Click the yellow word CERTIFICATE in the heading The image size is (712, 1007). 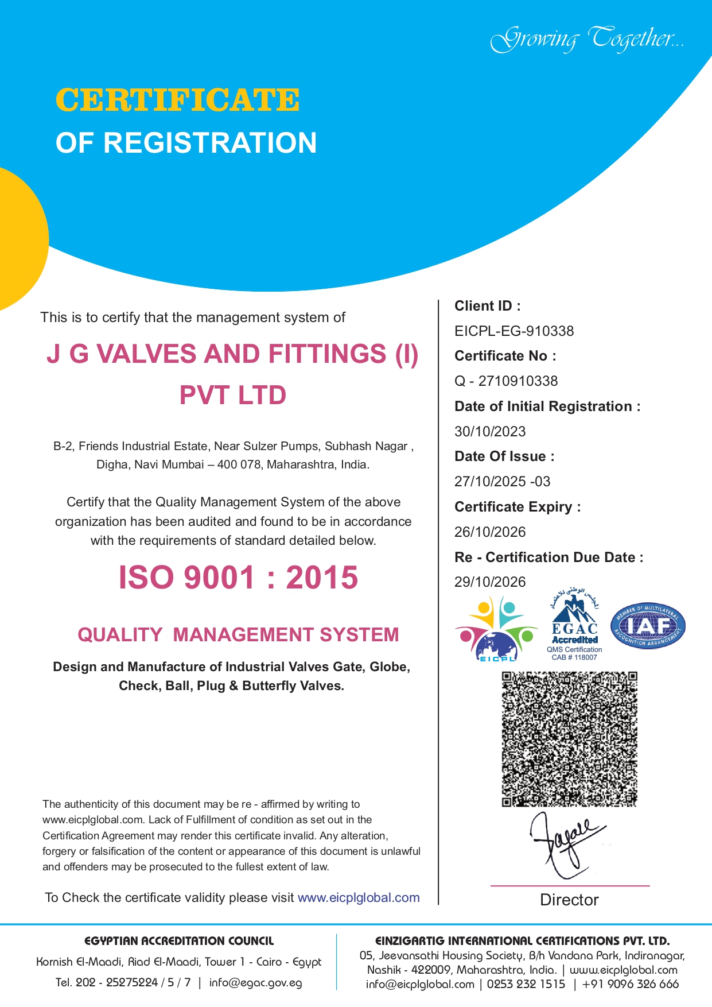(x=177, y=100)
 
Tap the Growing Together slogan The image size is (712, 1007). (x=587, y=40)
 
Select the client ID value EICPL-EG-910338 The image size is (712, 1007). (x=513, y=331)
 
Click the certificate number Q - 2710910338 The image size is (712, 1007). (x=505, y=381)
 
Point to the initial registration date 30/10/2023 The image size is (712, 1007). (x=489, y=432)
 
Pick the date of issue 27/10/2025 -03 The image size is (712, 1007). (x=502, y=482)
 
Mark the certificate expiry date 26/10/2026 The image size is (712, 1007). (x=489, y=532)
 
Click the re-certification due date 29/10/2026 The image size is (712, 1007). (x=489, y=582)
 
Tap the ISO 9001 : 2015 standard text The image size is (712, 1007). (x=238, y=578)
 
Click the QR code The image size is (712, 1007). (x=569, y=739)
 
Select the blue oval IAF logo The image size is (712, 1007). (x=648, y=626)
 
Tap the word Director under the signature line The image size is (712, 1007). (x=569, y=900)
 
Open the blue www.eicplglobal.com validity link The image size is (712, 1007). (x=359, y=898)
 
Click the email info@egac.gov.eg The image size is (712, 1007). (x=255, y=983)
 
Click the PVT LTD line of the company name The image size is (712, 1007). (x=233, y=396)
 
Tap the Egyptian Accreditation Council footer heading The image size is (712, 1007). (x=179, y=941)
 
